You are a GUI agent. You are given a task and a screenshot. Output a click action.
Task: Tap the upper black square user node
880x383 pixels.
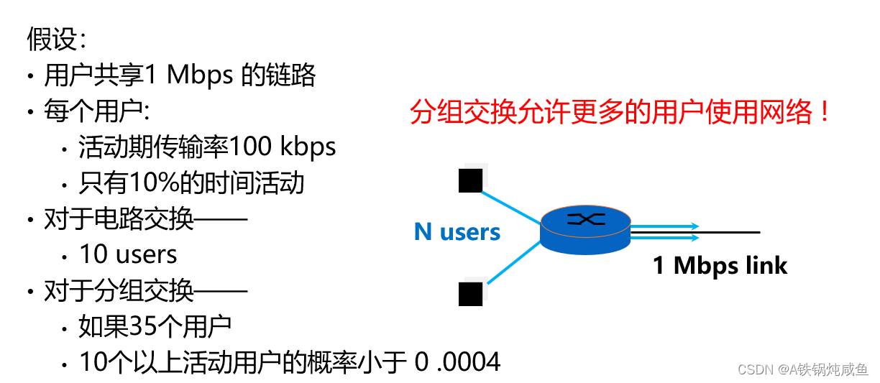tap(470, 180)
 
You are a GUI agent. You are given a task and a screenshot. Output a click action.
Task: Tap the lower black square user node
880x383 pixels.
tap(470, 294)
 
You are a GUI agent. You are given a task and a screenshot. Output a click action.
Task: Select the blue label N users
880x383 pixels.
tap(457, 232)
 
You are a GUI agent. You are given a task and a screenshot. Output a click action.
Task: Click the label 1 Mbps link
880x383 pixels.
tap(720, 266)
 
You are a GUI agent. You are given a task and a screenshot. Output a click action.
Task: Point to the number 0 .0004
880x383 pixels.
tap(458, 362)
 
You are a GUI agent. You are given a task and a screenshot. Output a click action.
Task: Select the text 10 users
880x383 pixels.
tap(128, 254)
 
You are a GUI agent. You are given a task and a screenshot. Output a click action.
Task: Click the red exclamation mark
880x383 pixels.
tap(825, 112)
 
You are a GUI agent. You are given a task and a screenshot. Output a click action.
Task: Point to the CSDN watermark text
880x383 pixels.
tap(802, 368)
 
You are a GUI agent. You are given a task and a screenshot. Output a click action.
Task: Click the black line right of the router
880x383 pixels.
tap(730, 232)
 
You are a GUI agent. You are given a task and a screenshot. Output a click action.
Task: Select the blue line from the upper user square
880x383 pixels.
tap(510, 205)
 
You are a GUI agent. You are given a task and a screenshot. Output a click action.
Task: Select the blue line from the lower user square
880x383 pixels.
tap(512, 263)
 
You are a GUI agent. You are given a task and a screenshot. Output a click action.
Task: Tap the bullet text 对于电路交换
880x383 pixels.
tap(119, 219)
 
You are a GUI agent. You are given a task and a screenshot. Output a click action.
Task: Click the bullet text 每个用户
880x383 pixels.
tap(93, 111)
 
